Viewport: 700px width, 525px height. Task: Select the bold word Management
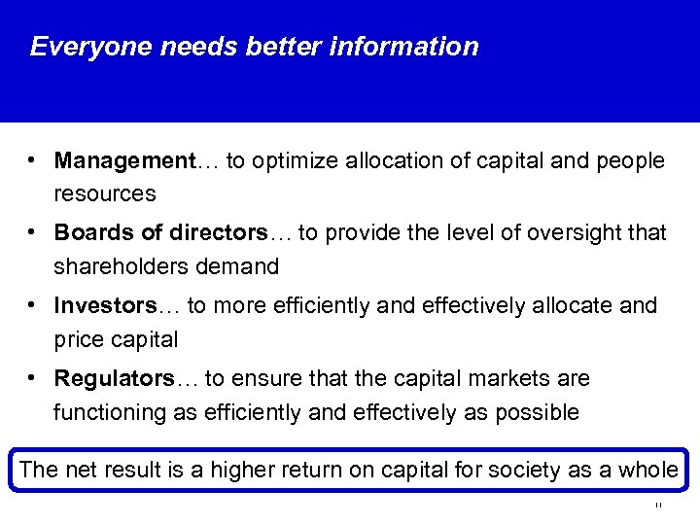pos(124,160)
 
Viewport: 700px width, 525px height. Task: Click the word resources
pos(104,193)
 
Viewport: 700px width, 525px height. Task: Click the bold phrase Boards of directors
pos(160,233)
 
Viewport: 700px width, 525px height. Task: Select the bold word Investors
pos(105,306)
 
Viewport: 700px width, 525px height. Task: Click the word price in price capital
pos(77,339)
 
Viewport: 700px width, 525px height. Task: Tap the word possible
pos(538,412)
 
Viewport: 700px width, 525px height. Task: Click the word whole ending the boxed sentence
pos(647,471)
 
